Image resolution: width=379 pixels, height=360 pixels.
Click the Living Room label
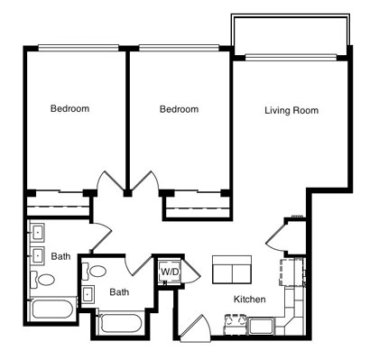tap(291, 110)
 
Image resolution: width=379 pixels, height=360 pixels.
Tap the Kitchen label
tap(250, 300)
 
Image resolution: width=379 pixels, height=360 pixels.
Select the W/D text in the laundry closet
tap(170, 272)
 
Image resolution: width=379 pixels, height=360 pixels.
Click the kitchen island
tap(232, 270)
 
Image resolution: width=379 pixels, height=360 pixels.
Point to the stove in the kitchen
tap(236, 324)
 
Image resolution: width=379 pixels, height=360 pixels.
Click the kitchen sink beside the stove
tap(262, 327)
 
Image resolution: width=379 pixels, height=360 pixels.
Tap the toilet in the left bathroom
tap(42, 280)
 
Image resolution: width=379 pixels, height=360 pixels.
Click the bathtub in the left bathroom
tap(52, 309)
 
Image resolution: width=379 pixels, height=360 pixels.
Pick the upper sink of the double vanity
tap(38, 232)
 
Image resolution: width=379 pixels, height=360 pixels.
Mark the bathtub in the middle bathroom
tap(121, 323)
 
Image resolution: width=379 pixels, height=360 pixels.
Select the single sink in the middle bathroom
tap(88, 294)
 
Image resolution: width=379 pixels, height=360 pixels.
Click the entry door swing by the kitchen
tap(196, 328)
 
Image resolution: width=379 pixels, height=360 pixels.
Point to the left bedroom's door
tap(111, 182)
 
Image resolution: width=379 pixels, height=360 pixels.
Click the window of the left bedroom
tap(79, 48)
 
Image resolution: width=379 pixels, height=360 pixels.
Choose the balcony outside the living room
tap(291, 34)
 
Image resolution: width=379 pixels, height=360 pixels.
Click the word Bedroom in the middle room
tap(179, 109)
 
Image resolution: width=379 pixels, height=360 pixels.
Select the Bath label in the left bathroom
tap(61, 256)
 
